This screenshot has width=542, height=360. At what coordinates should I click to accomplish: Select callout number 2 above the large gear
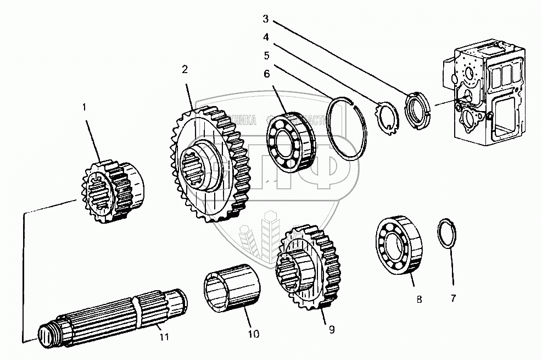tap(185, 69)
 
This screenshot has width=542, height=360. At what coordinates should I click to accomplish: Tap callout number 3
tap(265, 19)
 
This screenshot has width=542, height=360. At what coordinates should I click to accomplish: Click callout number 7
tap(454, 298)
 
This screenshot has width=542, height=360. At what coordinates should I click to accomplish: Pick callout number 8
tap(419, 300)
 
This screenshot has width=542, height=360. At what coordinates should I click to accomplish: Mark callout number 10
tap(253, 334)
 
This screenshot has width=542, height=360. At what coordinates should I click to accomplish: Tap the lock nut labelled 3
tap(418, 109)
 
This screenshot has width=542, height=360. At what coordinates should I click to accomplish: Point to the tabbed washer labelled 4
tap(389, 117)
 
